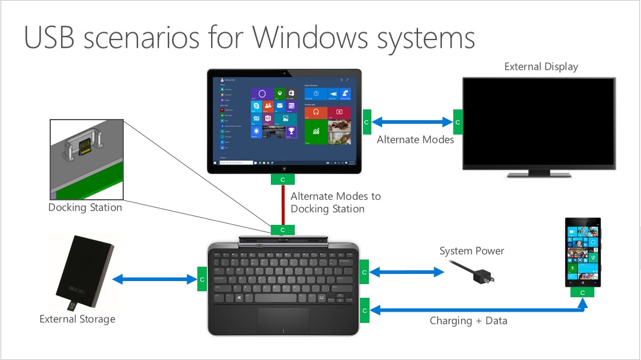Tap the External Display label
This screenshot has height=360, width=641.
(x=541, y=66)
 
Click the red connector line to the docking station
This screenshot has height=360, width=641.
(x=283, y=205)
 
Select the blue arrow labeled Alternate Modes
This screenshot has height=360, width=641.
(x=413, y=122)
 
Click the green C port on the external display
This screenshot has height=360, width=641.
(x=458, y=122)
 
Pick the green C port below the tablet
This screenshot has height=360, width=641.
(x=282, y=179)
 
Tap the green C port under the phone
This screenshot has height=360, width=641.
(x=582, y=292)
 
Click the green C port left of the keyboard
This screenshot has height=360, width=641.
(x=202, y=279)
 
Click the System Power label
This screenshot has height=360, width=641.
(x=472, y=251)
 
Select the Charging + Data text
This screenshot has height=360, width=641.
(x=468, y=321)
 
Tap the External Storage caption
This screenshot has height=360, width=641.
(x=77, y=319)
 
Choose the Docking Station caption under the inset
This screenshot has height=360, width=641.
(x=85, y=208)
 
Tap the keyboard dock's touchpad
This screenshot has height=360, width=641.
(x=283, y=320)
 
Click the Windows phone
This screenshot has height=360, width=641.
(x=582, y=252)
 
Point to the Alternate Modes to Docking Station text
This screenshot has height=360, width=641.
(x=335, y=202)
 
